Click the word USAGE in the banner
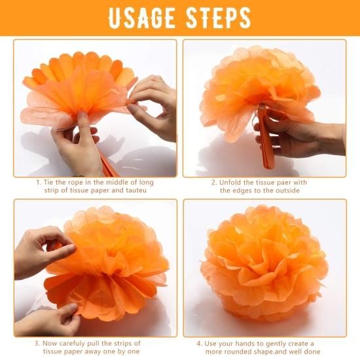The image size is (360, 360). [141, 18]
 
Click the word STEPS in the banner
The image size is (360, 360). [219, 18]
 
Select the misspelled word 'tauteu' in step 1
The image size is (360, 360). [136, 190]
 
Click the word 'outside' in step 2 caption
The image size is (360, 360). [288, 190]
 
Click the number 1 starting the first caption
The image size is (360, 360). [39, 183]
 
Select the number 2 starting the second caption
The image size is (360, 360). [214, 183]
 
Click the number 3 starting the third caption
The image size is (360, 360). [37, 344]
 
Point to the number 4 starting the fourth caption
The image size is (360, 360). [199, 344]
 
